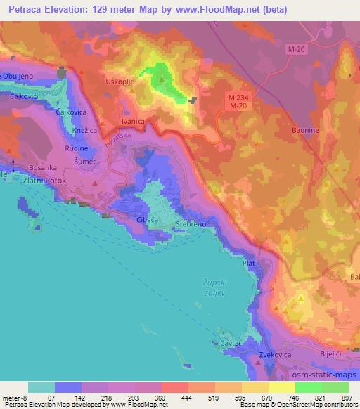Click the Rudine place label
[77, 148]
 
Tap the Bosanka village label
[43, 168]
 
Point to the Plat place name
[248, 263]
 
